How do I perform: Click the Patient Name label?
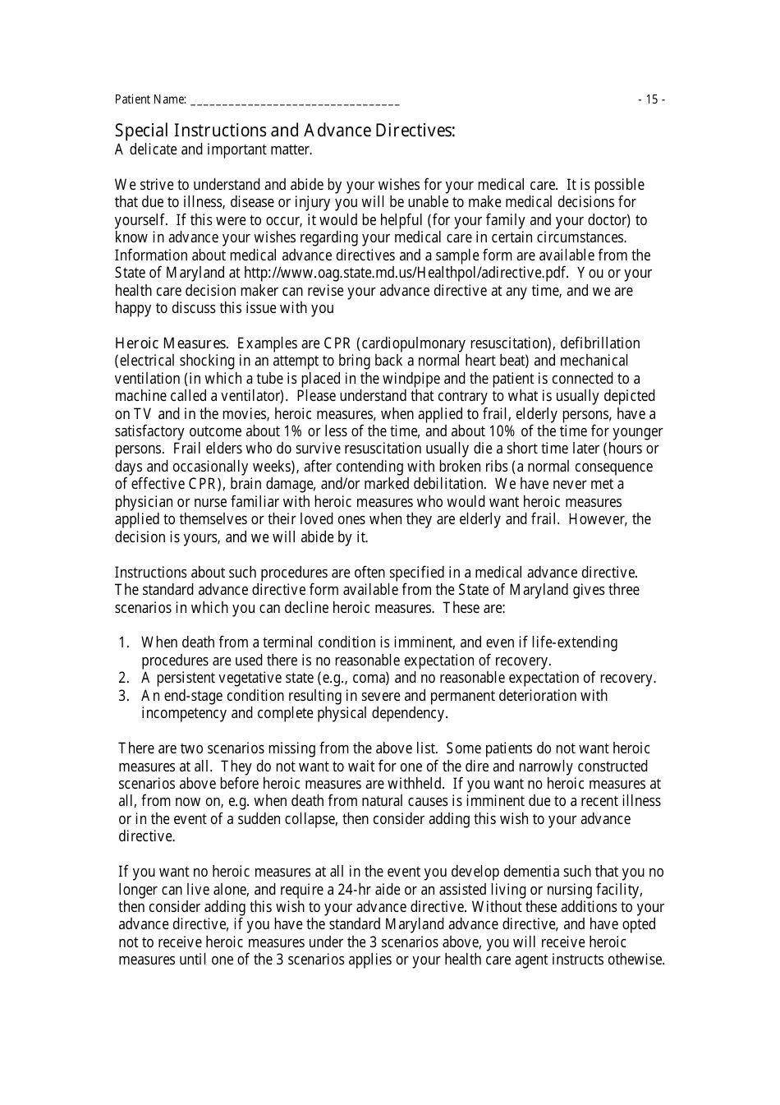click(x=150, y=99)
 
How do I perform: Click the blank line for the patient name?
click(x=295, y=101)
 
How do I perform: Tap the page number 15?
click(x=652, y=99)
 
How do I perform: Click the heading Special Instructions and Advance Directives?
click(x=284, y=131)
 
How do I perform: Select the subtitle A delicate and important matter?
click(x=213, y=150)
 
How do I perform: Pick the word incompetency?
click(x=184, y=713)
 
